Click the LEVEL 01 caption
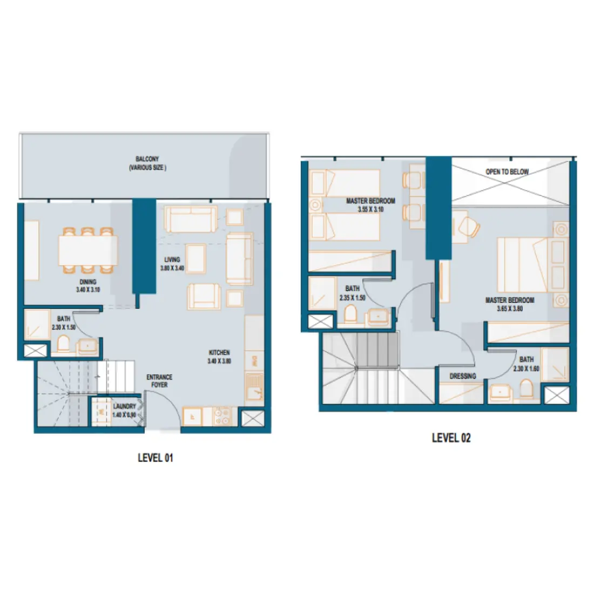pyautogui.click(x=156, y=458)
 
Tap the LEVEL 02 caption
pyautogui.click(x=451, y=438)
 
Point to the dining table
pyautogui.click(x=88, y=251)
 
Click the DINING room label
pyautogui.click(x=88, y=282)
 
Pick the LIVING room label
pyautogui.click(x=172, y=260)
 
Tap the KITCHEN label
pyautogui.click(x=219, y=353)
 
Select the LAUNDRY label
pyautogui.click(x=124, y=407)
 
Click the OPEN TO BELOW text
pyautogui.click(x=507, y=172)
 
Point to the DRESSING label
pyautogui.click(x=463, y=376)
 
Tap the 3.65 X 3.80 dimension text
pyautogui.click(x=510, y=309)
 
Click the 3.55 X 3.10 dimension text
pyautogui.click(x=370, y=209)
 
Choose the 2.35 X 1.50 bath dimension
pyautogui.click(x=353, y=298)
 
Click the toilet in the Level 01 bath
pyautogui.click(x=63, y=344)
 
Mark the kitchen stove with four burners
pyautogui.click(x=222, y=416)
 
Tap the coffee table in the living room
pyautogui.click(x=195, y=259)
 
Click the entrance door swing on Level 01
pyautogui.click(x=165, y=408)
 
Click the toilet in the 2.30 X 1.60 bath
pyautogui.click(x=525, y=388)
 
